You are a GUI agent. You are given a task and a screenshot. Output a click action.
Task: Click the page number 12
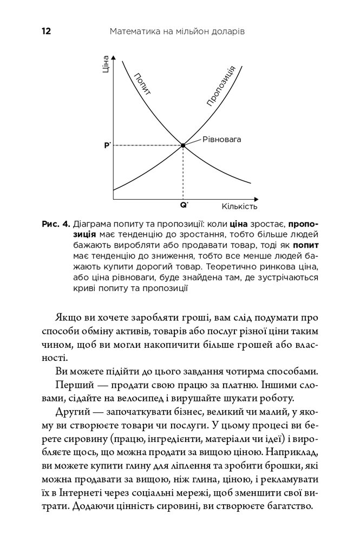coord(45,32)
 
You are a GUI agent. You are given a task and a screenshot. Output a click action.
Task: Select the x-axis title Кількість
coord(239,207)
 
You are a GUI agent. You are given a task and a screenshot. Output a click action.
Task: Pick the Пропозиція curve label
coord(220,85)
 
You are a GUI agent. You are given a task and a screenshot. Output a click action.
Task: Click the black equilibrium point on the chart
coord(183,146)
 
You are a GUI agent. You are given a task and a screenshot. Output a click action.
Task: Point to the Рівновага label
coord(222,139)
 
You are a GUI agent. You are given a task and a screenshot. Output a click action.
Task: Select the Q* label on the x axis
coord(184,206)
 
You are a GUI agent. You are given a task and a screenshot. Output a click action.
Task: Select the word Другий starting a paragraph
coord(73,413)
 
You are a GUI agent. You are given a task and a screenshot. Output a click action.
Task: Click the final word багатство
coord(287,507)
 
